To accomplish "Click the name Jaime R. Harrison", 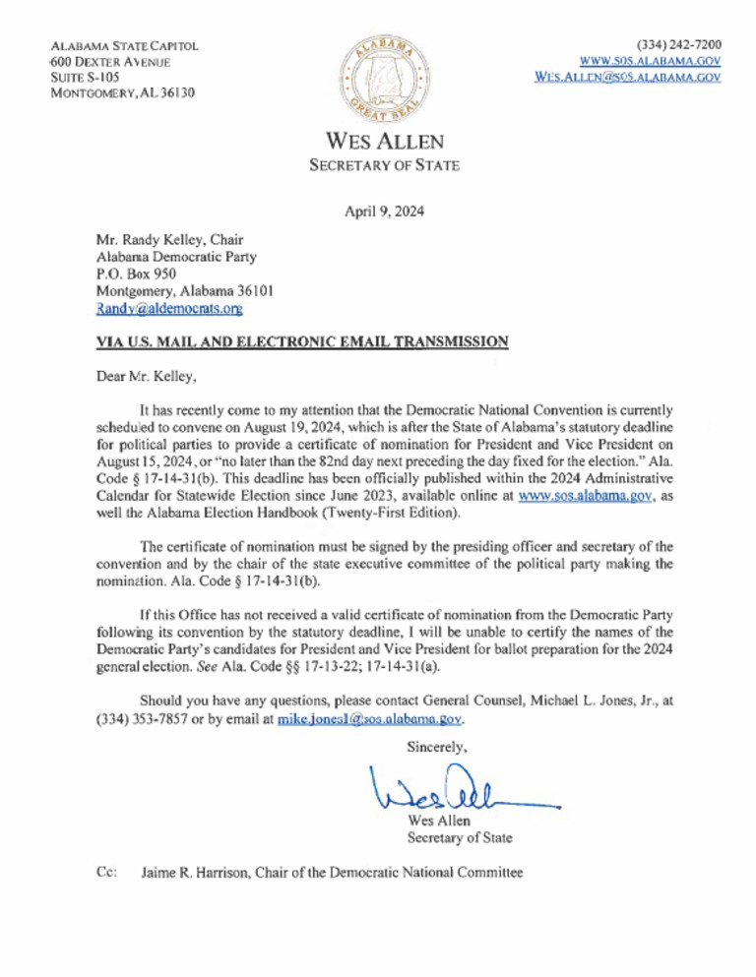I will pos(200,872).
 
